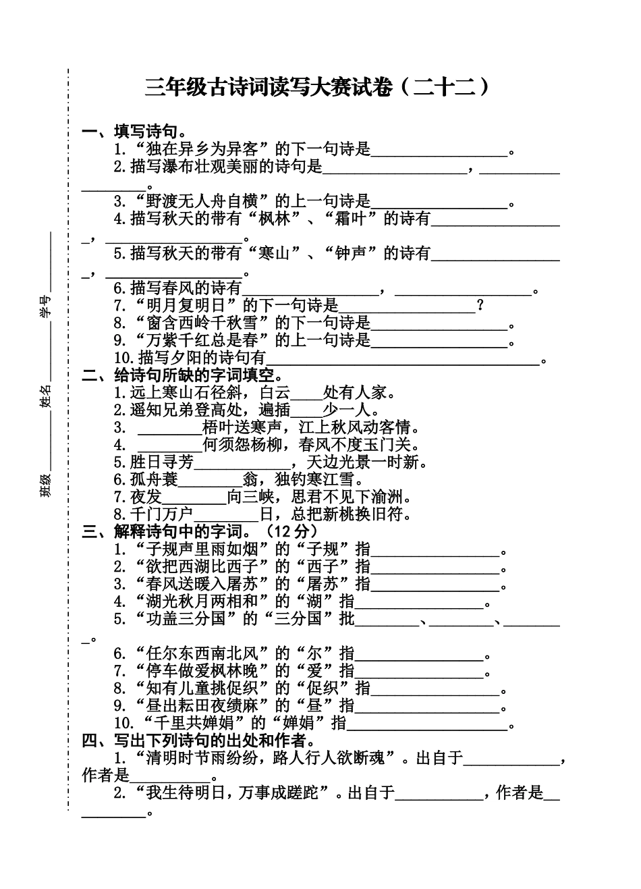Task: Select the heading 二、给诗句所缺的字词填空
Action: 182,375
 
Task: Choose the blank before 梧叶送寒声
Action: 169,428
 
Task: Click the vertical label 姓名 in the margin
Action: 46,403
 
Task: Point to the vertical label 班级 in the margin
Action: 46,486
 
